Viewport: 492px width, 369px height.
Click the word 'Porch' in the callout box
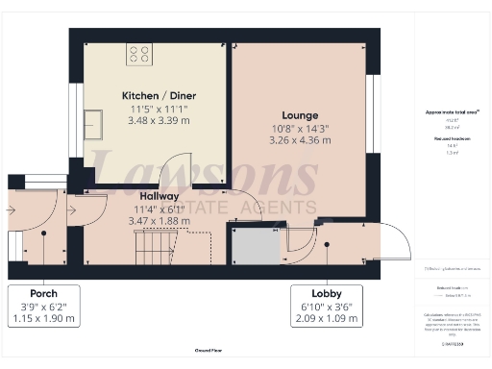pyautogui.click(x=43, y=293)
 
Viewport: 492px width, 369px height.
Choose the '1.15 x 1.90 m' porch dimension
pyautogui.click(x=43, y=318)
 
